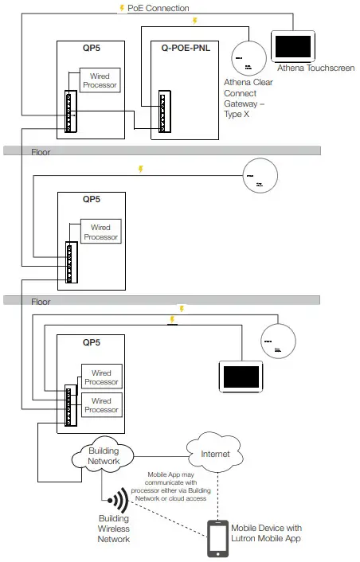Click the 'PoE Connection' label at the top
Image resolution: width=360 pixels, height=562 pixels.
[x=158, y=8]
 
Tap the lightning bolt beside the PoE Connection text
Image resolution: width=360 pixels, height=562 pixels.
[x=121, y=8]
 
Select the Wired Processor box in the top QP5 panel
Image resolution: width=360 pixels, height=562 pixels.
[x=100, y=80]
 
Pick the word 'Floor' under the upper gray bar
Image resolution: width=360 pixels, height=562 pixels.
[x=41, y=152]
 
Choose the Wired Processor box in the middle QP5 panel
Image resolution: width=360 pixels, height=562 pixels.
[x=100, y=232]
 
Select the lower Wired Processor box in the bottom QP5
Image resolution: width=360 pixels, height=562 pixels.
[x=101, y=405]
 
